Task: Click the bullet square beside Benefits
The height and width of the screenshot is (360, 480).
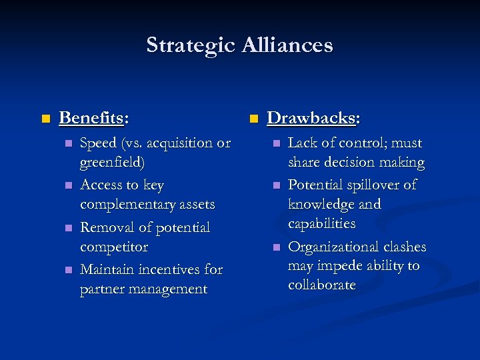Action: tap(45, 119)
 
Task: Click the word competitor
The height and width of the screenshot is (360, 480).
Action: tap(113, 247)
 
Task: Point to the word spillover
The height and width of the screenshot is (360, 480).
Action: tap(372, 185)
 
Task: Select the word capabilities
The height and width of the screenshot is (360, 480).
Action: tap(322, 223)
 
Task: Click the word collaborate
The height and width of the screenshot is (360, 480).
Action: tap(322, 285)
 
